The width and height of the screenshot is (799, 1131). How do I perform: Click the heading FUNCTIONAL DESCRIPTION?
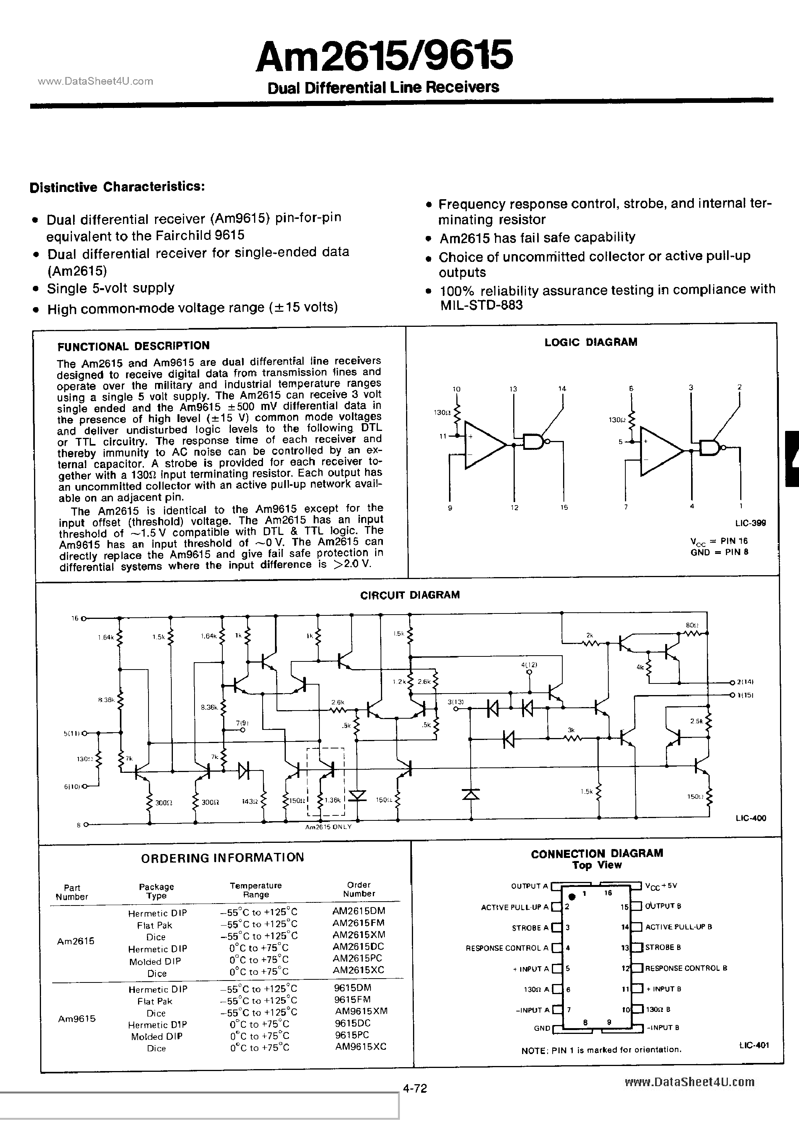pyautogui.click(x=133, y=346)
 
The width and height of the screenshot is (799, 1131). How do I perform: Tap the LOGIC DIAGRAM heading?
pyautogui.click(x=591, y=342)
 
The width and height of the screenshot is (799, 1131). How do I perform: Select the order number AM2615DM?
pyautogui.click(x=359, y=911)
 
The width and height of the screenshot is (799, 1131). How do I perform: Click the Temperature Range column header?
pyautogui.click(x=256, y=890)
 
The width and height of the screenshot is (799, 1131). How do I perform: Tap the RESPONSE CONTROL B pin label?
pyautogui.click(x=686, y=968)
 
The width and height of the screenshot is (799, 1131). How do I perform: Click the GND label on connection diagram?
pyautogui.click(x=542, y=1028)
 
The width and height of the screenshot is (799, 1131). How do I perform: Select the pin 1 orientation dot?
pyautogui.click(x=572, y=897)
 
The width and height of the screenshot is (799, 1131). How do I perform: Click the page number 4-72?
pyautogui.click(x=415, y=1088)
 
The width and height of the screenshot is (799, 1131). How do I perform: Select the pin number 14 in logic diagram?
pyautogui.click(x=562, y=389)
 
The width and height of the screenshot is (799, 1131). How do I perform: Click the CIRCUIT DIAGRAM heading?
pyautogui.click(x=410, y=595)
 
